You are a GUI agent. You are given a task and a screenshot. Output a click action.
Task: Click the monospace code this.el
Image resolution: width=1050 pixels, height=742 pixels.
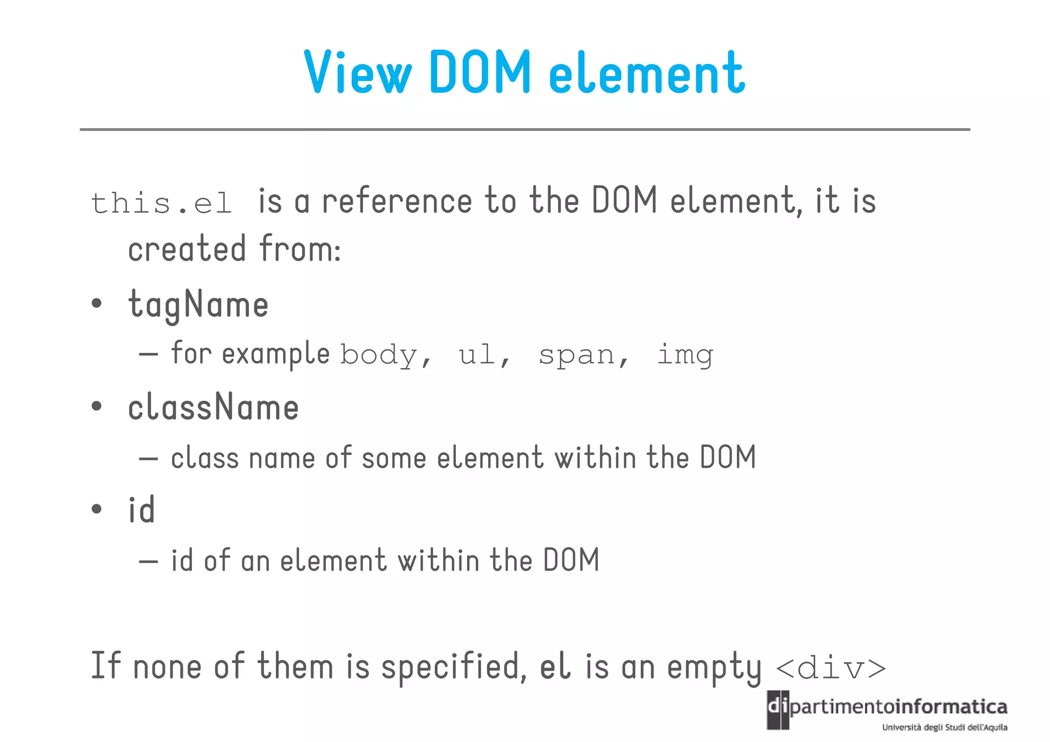(161, 203)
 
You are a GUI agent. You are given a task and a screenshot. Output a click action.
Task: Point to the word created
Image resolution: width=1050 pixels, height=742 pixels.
(187, 249)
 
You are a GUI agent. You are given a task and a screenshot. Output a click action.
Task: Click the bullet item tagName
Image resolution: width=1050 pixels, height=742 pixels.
(198, 305)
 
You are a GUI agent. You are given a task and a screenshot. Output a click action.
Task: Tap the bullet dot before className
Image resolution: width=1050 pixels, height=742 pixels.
(96, 407)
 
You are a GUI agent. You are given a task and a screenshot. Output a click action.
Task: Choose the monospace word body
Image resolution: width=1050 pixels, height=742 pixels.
(379, 355)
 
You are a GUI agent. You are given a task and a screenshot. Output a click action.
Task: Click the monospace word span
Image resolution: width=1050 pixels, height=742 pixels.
(577, 355)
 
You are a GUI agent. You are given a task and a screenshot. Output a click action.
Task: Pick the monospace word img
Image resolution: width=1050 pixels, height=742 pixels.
(685, 355)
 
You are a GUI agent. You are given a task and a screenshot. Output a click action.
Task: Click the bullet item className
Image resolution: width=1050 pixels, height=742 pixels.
(213, 408)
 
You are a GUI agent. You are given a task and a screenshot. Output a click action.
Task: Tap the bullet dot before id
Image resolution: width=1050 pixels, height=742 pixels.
(96, 509)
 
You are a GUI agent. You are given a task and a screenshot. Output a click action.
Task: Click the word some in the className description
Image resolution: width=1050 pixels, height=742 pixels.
(394, 458)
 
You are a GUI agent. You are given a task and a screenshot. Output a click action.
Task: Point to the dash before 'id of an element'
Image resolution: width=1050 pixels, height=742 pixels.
(148, 561)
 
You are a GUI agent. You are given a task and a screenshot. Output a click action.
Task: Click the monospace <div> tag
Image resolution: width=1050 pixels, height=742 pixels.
(831, 668)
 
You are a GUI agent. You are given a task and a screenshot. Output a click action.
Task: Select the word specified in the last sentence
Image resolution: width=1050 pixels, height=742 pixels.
(454, 667)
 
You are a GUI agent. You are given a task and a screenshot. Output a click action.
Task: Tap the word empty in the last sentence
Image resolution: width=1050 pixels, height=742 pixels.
(714, 668)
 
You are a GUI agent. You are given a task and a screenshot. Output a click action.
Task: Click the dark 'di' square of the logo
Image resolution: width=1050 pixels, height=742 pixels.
(778, 710)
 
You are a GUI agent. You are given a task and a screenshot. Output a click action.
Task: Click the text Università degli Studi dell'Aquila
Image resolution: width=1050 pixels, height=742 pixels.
(944, 727)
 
